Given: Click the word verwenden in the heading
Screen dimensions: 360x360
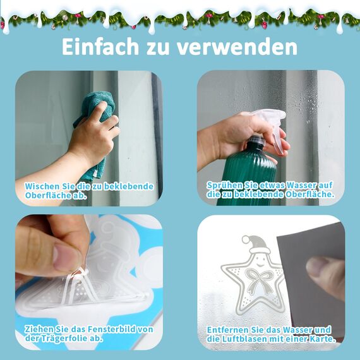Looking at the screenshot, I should (x=243, y=47).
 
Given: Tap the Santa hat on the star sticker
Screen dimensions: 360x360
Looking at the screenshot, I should (x=256, y=243).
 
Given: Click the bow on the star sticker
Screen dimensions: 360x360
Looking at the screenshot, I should (x=260, y=279).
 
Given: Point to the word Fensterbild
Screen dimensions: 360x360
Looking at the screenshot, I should (x=117, y=328).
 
